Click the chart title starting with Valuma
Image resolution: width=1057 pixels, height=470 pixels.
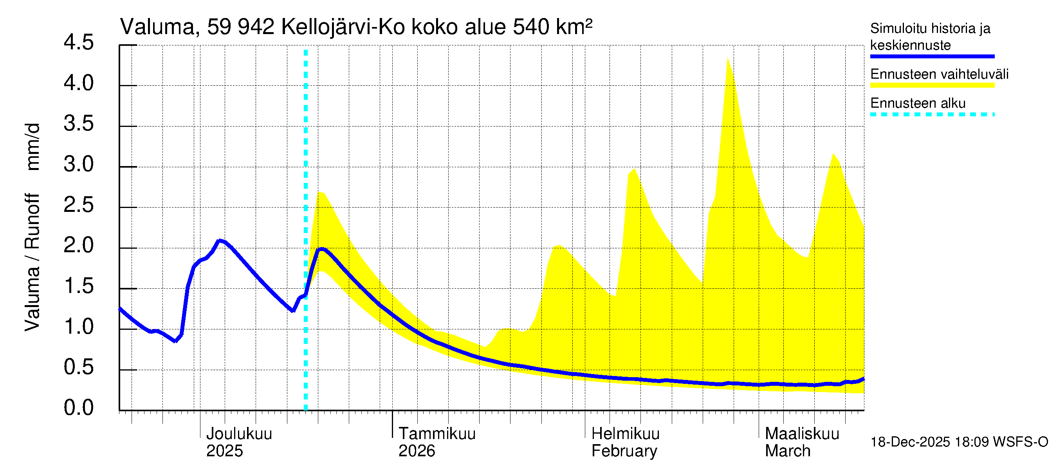(356, 27)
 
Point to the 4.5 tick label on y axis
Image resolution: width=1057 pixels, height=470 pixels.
(78, 43)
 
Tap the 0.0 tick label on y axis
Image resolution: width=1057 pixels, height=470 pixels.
(78, 408)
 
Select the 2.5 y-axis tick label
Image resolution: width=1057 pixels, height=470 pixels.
(78, 205)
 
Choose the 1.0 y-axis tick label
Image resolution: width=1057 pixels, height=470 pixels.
(78, 327)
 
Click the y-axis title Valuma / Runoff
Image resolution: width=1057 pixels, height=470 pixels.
(32, 263)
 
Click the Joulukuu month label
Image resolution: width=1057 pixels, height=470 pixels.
(239, 434)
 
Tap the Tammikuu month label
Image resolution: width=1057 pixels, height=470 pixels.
(437, 434)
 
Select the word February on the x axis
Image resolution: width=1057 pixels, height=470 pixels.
(624, 451)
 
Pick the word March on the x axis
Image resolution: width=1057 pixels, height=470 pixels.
(787, 451)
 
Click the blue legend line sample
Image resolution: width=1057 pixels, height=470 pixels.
(932, 56)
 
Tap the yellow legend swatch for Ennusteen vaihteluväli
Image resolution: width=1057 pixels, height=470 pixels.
(932, 85)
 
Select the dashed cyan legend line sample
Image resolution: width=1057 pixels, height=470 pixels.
(932, 114)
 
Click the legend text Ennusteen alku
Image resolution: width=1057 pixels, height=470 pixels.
(918, 103)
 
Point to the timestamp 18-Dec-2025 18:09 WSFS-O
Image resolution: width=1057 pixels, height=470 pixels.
(959, 442)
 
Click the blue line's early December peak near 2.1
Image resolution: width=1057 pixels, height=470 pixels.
(220, 240)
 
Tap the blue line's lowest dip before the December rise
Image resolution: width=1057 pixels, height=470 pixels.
(175, 341)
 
